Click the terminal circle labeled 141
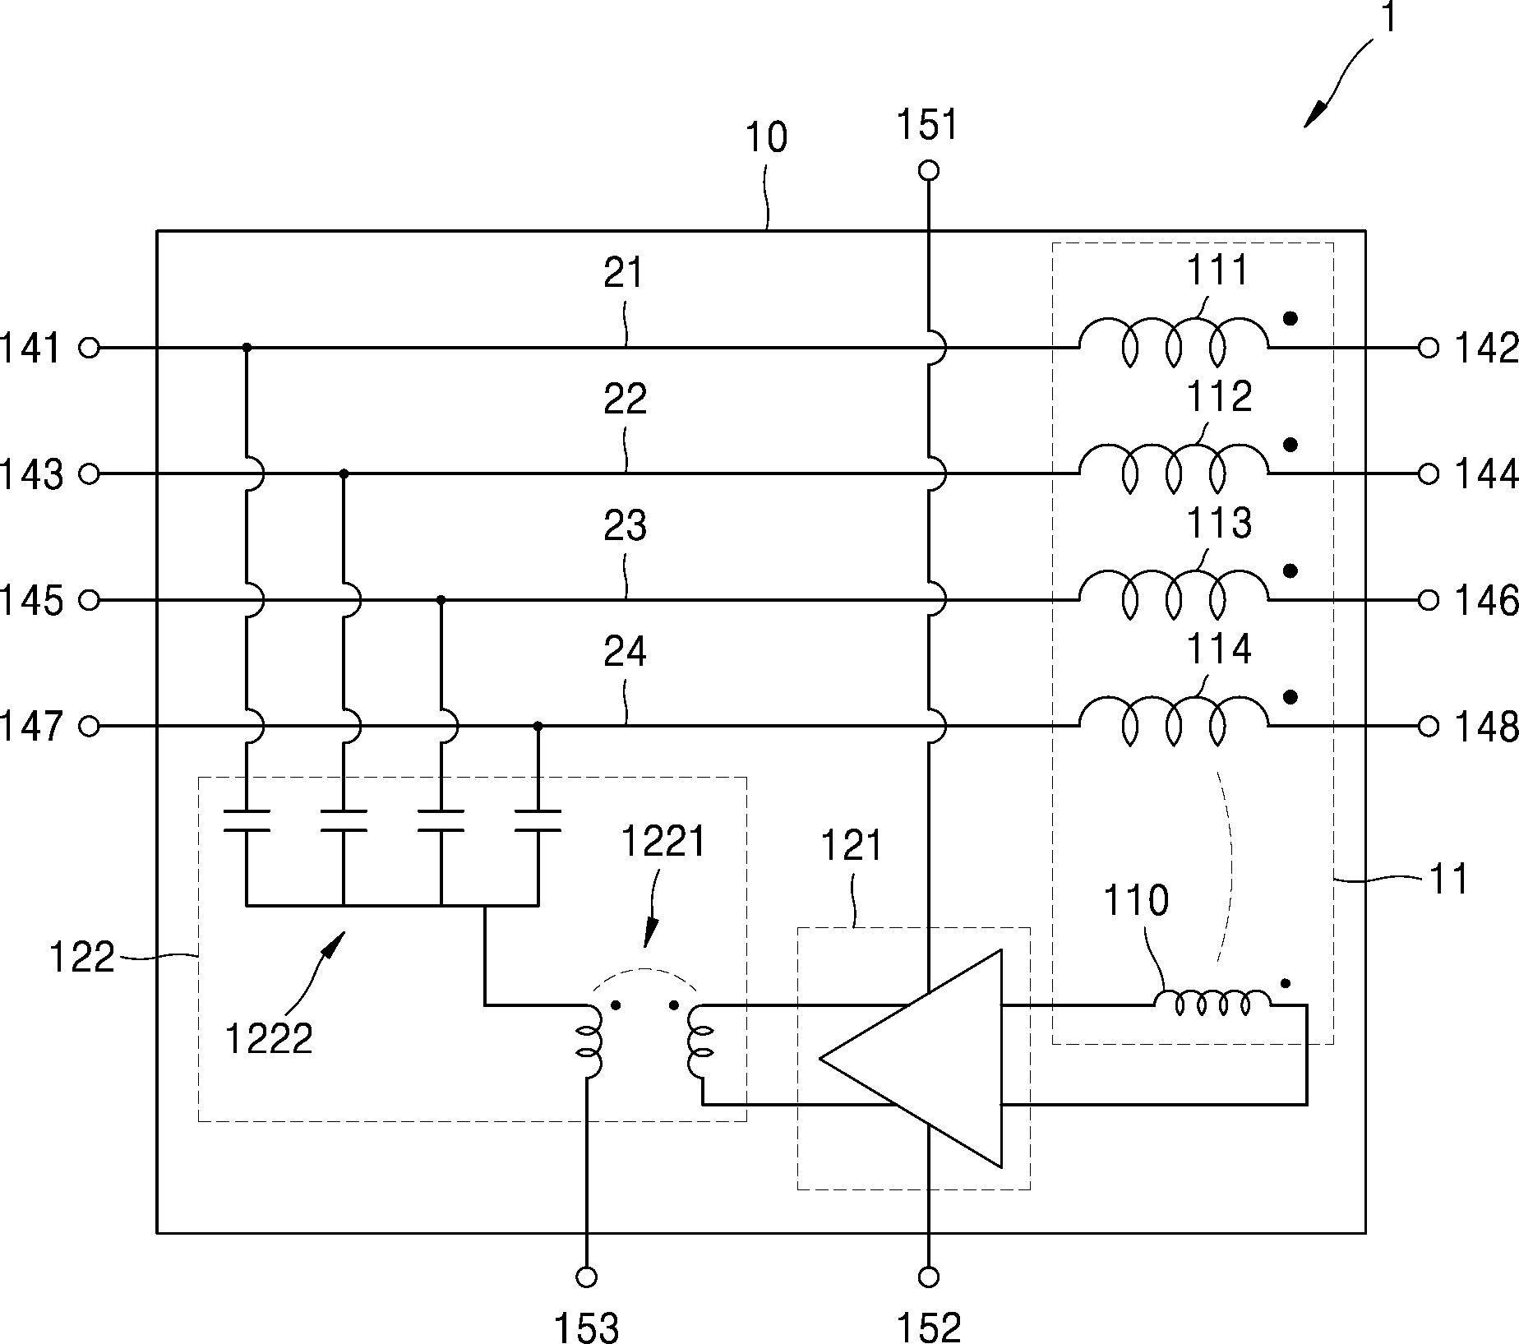click(x=89, y=348)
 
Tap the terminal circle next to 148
click(x=1429, y=726)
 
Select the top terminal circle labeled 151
click(x=929, y=171)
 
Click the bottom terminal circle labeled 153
click(x=587, y=1277)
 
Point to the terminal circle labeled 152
click(x=929, y=1277)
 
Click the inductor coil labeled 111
click(x=1174, y=342)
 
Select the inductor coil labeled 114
click(x=1174, y=720)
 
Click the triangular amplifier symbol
click(x=911, y=1058)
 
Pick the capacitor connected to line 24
click(x=538, y=820)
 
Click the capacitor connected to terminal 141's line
click(x=247, y=820)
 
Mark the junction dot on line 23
click(x=441, y=600)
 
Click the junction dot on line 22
click(x=344, y=473)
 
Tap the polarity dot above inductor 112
click(x=1290, y=445)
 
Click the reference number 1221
click(x=663, y=843)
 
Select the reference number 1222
click(x=269, y=1039)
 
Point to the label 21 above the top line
click(x=624, y=273)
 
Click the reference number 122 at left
click(x=82, y=958)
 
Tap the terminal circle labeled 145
click(x=89, y=600)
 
